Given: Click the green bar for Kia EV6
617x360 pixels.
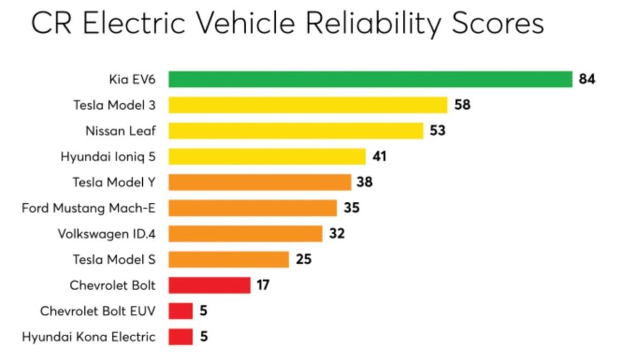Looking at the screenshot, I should [x=370, y=79].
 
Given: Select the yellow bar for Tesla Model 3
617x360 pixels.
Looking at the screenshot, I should [x=308, y=105].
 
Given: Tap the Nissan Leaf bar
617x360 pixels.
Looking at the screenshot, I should [x=296, y=131].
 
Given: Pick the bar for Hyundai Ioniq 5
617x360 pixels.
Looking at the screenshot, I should [x=267, y=156].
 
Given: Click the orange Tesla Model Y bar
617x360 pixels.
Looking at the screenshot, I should [x=259, y=182].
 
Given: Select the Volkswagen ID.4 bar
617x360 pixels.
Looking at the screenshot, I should [x=246, y=233].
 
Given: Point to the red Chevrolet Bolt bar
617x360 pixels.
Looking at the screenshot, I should [x=209, y=285].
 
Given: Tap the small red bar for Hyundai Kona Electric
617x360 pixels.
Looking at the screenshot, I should [x=181, y=337].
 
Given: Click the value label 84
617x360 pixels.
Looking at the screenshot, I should [x=587, y=79].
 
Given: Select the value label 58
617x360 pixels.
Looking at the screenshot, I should [x=462, y=105].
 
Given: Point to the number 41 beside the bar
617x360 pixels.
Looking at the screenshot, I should [x=379, y=156].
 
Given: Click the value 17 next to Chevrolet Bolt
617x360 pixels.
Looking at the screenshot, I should [x=263, y=285].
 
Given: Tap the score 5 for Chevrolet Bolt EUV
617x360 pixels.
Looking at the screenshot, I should [x=203, y=311].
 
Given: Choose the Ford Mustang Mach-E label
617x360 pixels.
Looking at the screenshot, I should [x=88, y=208].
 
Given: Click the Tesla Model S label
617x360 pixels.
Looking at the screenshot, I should [x=114, y=259].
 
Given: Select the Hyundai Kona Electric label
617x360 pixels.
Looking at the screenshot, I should [x=88, y=337].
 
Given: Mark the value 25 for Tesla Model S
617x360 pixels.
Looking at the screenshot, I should [x=303, y=259].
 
